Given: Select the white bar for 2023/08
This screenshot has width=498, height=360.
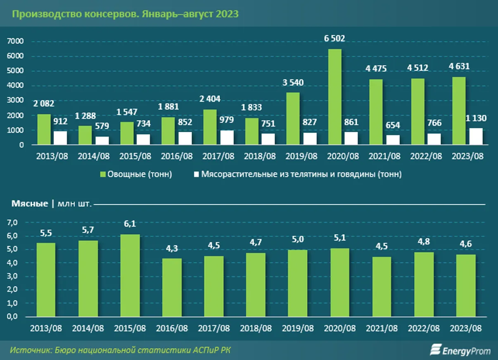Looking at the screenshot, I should pos(476,137).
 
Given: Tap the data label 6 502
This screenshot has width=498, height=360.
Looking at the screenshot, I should pos(334,38).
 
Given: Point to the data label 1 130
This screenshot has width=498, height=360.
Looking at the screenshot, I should pos(476,118).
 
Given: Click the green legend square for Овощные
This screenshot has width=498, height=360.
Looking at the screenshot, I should pos(103,174).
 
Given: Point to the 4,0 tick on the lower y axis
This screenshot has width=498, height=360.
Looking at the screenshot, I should pos(12,263).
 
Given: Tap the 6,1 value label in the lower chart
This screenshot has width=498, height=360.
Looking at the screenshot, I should pos(130,224).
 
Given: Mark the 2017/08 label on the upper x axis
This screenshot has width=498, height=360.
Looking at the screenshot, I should pos(218,157).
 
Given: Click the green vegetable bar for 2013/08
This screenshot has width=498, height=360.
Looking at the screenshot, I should pos(44,130).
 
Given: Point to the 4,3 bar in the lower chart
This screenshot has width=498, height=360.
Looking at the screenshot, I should pos(172,288).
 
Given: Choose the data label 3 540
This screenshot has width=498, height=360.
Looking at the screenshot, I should pos(293,82).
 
